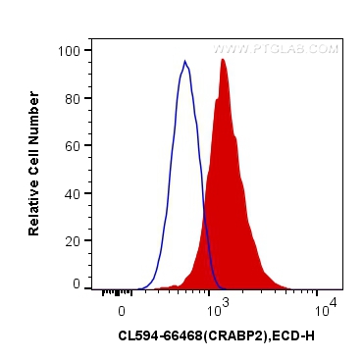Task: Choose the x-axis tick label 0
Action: (121, 309)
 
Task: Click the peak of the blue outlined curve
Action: (184, 62)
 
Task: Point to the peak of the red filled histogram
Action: (224, 60)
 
